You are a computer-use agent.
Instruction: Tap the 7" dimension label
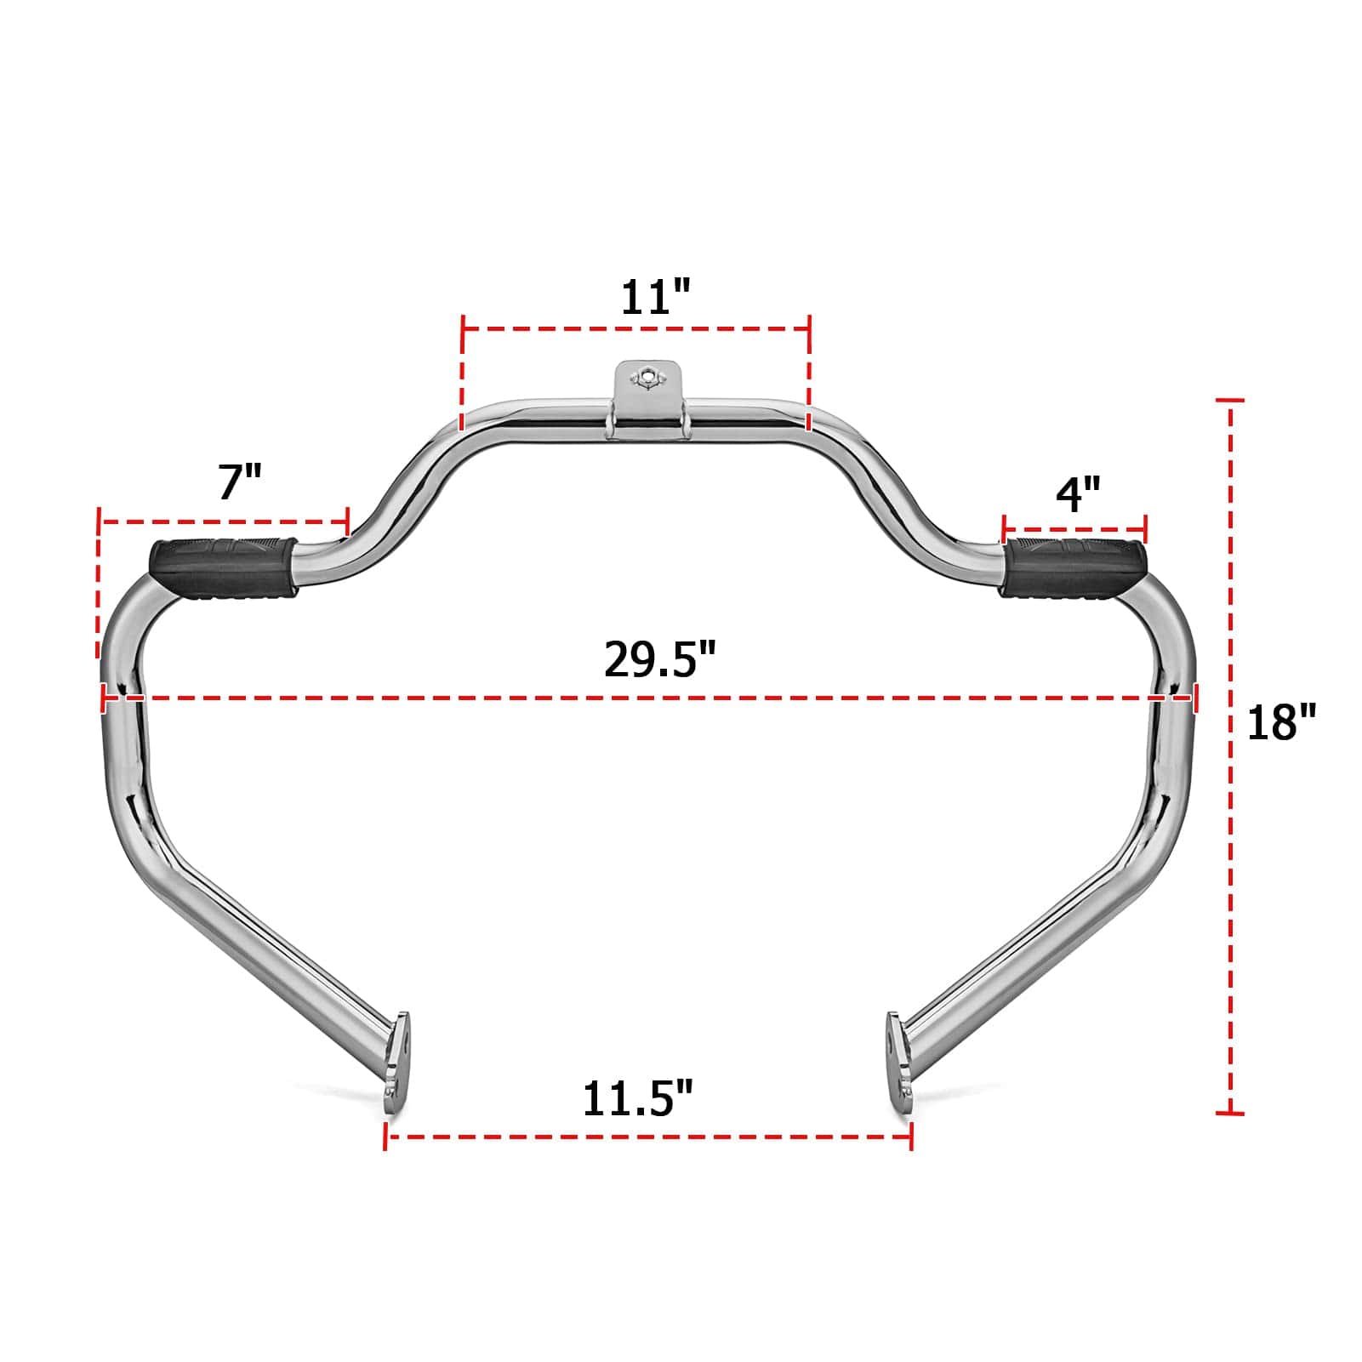pyautogui.click(x=240, y=482)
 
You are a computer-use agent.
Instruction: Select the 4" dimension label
pyautogui.click(x=1078, y=493)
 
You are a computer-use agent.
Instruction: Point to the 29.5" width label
pyautogui.click(x=660, y=658)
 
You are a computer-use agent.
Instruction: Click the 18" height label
pyautogui.click(x=1280, y=721)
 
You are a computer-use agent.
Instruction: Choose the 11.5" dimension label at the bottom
pyautogui.click(x=638, y=1098)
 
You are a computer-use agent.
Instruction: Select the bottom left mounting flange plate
pyautogui.click(x=396, y=1055)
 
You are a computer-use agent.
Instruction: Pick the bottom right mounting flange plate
pyautogui.click(x=899, y=1055)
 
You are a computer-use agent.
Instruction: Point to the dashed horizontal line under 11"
pyautogui.click(x=635, y=328)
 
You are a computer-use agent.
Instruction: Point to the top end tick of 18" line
pyautogui.click(x=1230, y=400)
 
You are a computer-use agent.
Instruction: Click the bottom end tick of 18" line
pyautogui.click(x=1230, y=1113)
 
